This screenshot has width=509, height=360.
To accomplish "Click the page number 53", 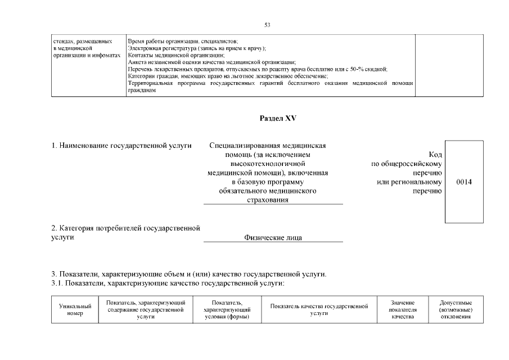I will pos(267,24).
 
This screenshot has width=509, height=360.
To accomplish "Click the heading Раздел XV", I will pos(277,119).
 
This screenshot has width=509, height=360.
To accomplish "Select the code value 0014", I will pos(464,182).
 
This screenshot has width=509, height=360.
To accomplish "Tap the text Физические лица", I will pos(273,238).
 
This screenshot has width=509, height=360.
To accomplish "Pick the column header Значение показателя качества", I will pos(402,310).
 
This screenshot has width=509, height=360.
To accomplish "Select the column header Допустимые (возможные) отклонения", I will pos(455,310).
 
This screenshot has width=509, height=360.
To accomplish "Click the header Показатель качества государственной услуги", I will pos(319,310).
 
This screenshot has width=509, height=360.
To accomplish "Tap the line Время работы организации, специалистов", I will pos(183,42).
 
